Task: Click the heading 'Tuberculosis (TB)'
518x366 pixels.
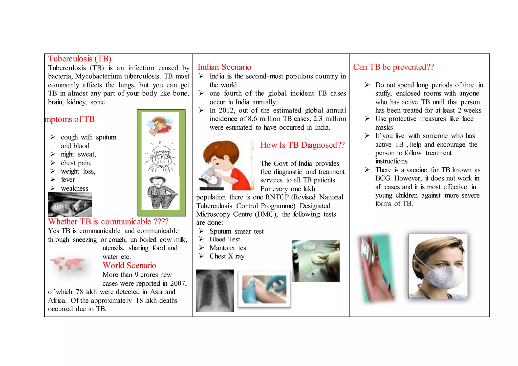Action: (x=80, y=59)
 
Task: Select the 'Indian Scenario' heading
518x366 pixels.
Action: (x=224, y=67)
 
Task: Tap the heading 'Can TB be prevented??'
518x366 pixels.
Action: (x=393, y=67)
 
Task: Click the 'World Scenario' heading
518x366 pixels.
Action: (x=129, y=265)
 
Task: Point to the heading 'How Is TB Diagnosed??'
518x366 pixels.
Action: (x=303, y=145)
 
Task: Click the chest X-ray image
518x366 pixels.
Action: (x=215, y=291)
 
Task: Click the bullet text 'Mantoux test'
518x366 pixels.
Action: (x=229, y=248)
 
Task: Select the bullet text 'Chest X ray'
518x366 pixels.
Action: (x=227, y=256)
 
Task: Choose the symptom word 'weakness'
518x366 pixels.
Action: (x=74, y=189)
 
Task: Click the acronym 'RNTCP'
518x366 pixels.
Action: (x=277, y=197)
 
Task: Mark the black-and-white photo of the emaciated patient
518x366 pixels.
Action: (x=70, y=204)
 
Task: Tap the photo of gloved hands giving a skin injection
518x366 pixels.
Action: (x=264, y=289)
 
